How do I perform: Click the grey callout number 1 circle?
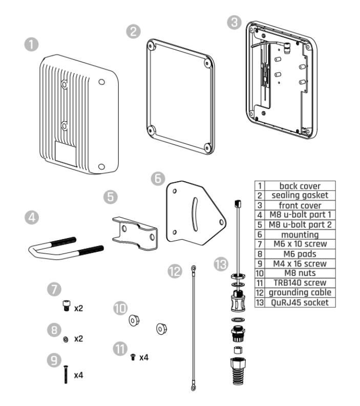[34, 45]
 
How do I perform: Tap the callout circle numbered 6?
[159, 178]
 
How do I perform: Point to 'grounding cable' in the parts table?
[297, 292]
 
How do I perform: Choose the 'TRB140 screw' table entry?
[297, 283]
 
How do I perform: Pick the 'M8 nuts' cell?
[297, 274]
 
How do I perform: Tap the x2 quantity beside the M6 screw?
[78, 310]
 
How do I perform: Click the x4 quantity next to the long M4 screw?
[78, 375]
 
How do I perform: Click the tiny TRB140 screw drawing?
[133, 356]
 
